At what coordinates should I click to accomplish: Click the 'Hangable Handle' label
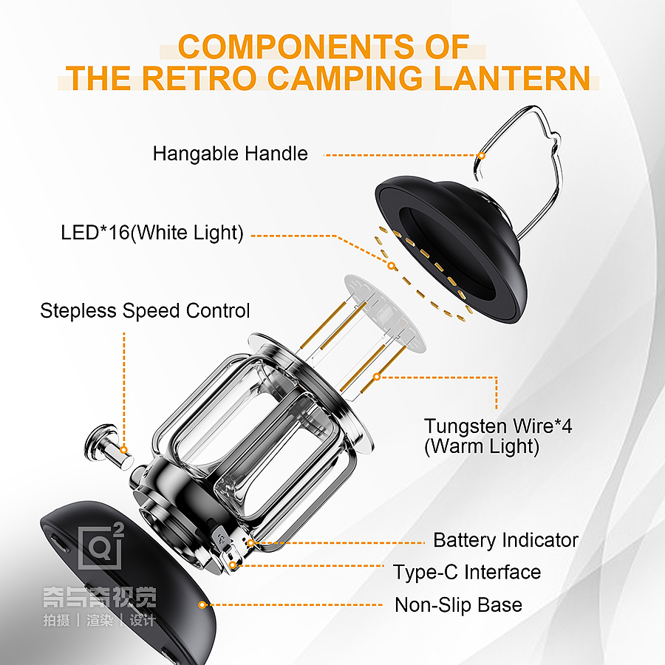tap(231, 154)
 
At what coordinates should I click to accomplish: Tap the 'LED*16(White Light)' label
tap(152, 233)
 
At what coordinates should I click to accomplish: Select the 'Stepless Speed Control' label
tap(145, 311)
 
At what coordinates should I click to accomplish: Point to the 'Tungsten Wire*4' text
tap(498, 426)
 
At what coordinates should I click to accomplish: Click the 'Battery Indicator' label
tap(505, 540)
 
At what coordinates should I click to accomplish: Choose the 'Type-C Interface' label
tap(467, 572)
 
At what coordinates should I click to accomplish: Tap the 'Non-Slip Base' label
tap(458, 604)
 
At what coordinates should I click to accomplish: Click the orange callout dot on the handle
tap(481, 156)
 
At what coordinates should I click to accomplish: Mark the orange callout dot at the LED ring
tap(392, 266)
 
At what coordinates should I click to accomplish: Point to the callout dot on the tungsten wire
tap(377, 377)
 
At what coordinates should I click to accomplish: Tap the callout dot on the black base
tap(202, 604)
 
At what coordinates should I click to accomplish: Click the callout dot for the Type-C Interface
tap(233, 565)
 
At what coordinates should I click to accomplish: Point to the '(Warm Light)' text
tap(482, 446)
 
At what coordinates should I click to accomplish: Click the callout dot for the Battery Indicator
tap(250, 543)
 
